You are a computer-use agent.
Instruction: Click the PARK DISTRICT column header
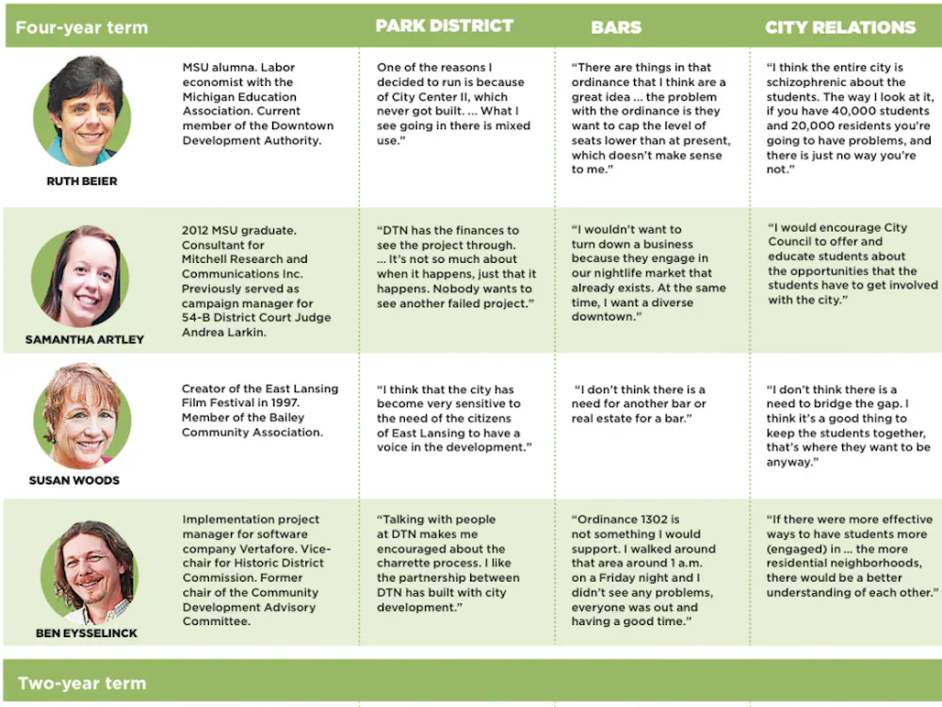coord(445,26)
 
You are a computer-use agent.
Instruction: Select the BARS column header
coord(616,27)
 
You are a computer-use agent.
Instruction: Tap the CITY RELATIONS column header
coord(840,27)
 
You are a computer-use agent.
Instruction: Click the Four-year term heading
coord(82,27)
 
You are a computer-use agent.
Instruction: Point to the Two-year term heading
coord(83,683)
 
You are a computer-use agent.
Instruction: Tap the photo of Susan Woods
coord(82,416)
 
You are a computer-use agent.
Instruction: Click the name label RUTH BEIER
coord(82,181)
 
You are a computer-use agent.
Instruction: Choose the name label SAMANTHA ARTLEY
coord(85,339)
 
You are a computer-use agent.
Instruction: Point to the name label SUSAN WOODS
coord(74,480)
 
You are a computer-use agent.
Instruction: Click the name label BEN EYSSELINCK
coord(86,633)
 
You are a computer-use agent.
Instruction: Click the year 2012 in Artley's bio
coord(198,230)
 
